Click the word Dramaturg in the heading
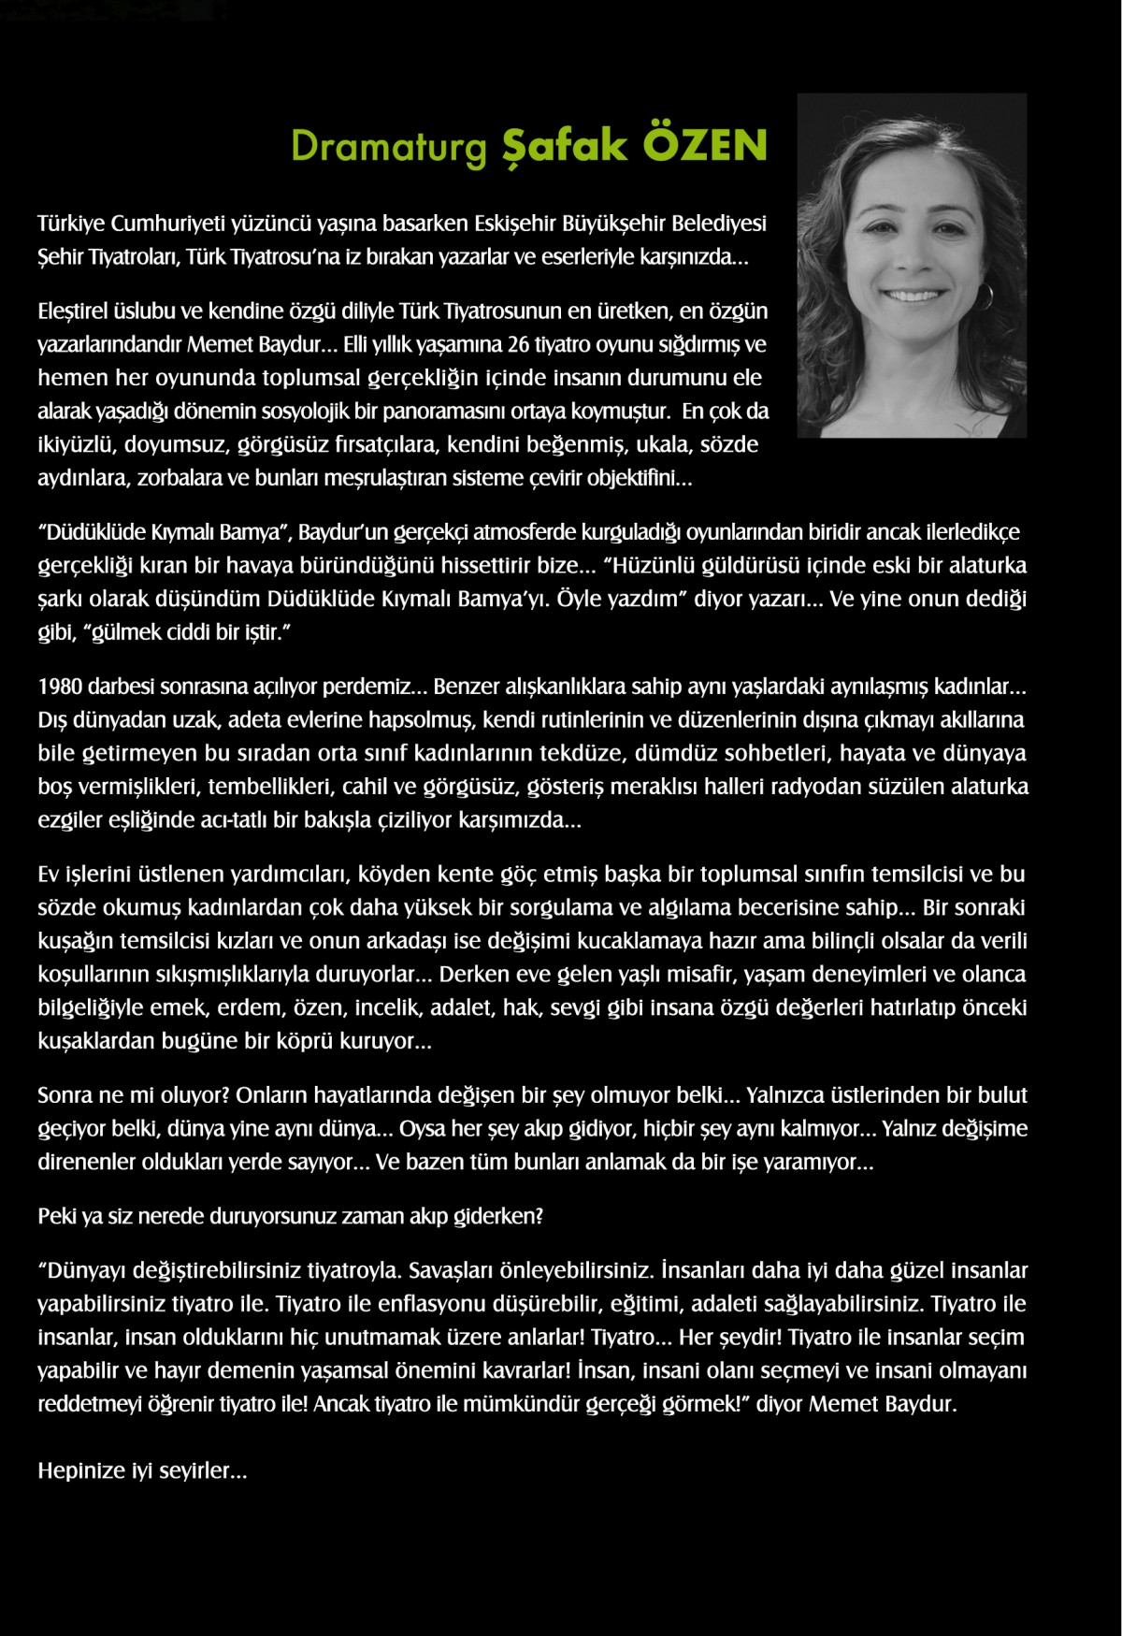pyautogui.click(x=388, y=146)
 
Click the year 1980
pyautogui.click(x=60, y=686)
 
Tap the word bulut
pyautogui.click(x=1002, y=1094)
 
